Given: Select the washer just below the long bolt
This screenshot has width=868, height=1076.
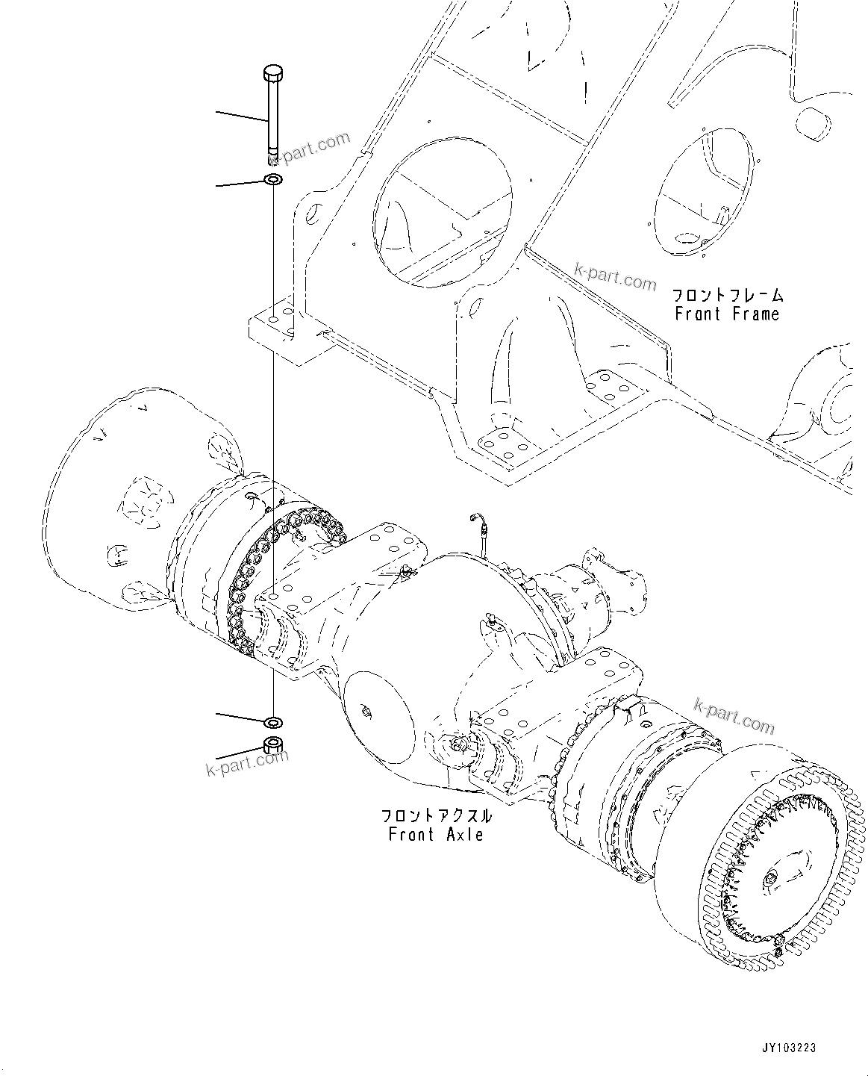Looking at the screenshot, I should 273,181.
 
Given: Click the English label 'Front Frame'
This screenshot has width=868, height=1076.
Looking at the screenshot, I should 726,314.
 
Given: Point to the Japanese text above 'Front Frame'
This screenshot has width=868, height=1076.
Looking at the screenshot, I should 726,295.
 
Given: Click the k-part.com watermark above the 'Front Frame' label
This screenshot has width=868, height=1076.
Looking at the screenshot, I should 615,276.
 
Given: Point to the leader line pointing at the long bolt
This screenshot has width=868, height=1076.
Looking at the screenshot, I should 241,116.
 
